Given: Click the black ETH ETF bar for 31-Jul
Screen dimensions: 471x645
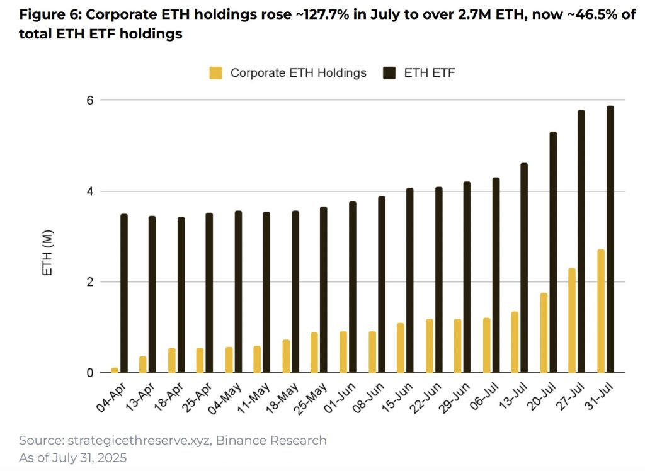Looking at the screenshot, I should pos(610,239).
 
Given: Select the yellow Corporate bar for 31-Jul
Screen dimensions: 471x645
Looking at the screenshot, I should pos(601,311).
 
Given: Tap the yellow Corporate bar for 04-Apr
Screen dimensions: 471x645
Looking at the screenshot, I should pos(115,370).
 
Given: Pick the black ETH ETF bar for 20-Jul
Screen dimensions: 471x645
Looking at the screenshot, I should pos(553,252).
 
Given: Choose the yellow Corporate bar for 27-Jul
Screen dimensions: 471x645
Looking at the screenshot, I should pos(572,320).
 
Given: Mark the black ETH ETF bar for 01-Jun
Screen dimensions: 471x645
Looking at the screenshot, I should pos(353,287).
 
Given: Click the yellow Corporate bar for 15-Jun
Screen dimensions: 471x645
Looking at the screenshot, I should pos(400,348).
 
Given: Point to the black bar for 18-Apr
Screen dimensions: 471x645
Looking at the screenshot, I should pos(181,295).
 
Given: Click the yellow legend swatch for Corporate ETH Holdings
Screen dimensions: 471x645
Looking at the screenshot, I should pos(216,73).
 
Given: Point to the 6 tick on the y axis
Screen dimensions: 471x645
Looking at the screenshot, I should pos(89,100).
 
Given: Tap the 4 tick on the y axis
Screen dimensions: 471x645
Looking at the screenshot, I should pos(89,191).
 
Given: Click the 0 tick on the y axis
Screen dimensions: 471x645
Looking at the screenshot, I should pos(89,373).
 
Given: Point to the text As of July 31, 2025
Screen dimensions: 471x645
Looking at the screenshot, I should pos(72,458).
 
